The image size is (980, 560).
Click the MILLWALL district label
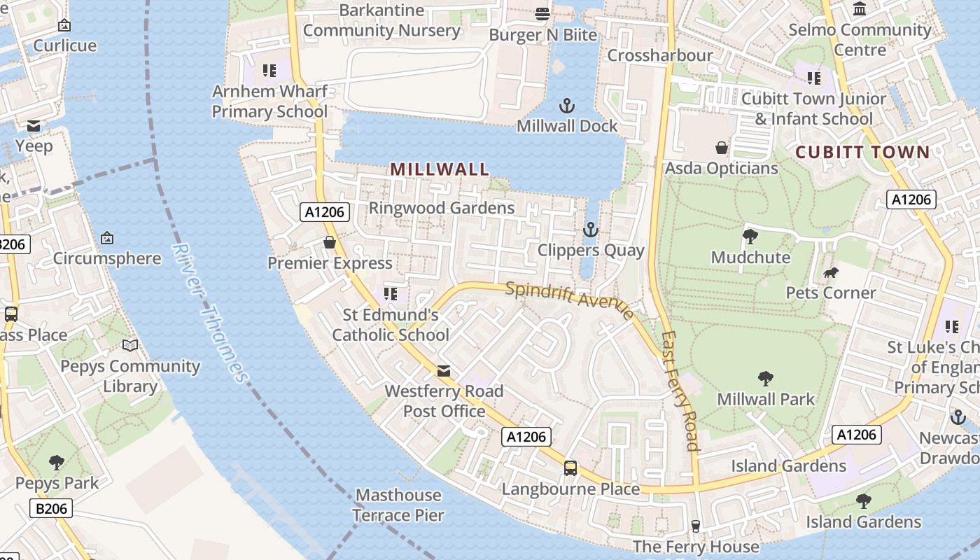click(440, 169)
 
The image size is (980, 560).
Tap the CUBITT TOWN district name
click(862, 152)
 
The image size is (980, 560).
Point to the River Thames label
click(210, 313)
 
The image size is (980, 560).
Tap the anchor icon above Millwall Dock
click(567, 106)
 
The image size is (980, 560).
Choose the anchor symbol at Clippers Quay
click(591, 230)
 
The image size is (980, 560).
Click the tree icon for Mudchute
click(750, 237)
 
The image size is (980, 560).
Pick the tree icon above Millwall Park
click(766, 379)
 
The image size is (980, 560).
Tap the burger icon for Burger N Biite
click(542, 14)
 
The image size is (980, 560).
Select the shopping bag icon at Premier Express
click(330, 242)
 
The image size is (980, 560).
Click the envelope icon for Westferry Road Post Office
click(444, 370)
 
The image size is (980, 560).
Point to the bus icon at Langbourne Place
click(570, 468)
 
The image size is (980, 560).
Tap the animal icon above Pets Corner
click(831, 272)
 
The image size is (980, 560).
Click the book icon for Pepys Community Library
click(130, 345)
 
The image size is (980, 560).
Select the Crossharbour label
click(660, 55)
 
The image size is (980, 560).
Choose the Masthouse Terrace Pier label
click(398, 505)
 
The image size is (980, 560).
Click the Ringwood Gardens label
click(442, 208)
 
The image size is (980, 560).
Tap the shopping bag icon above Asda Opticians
click(721, 148)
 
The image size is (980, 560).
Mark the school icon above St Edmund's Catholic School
click(391, 294)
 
